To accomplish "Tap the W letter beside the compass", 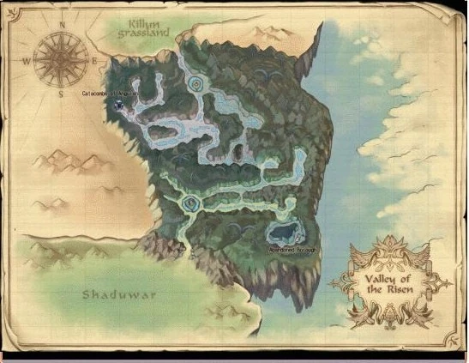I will pos(27,62).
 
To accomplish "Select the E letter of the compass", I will pos(94,61).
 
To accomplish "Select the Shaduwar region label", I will pos(108,295).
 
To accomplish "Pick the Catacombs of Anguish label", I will pos(110,94).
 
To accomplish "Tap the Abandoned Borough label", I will pos(281,249).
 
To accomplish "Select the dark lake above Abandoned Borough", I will pos(281,232).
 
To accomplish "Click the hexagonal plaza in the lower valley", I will pos(190,203).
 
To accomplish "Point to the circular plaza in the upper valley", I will pos(198,83).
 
